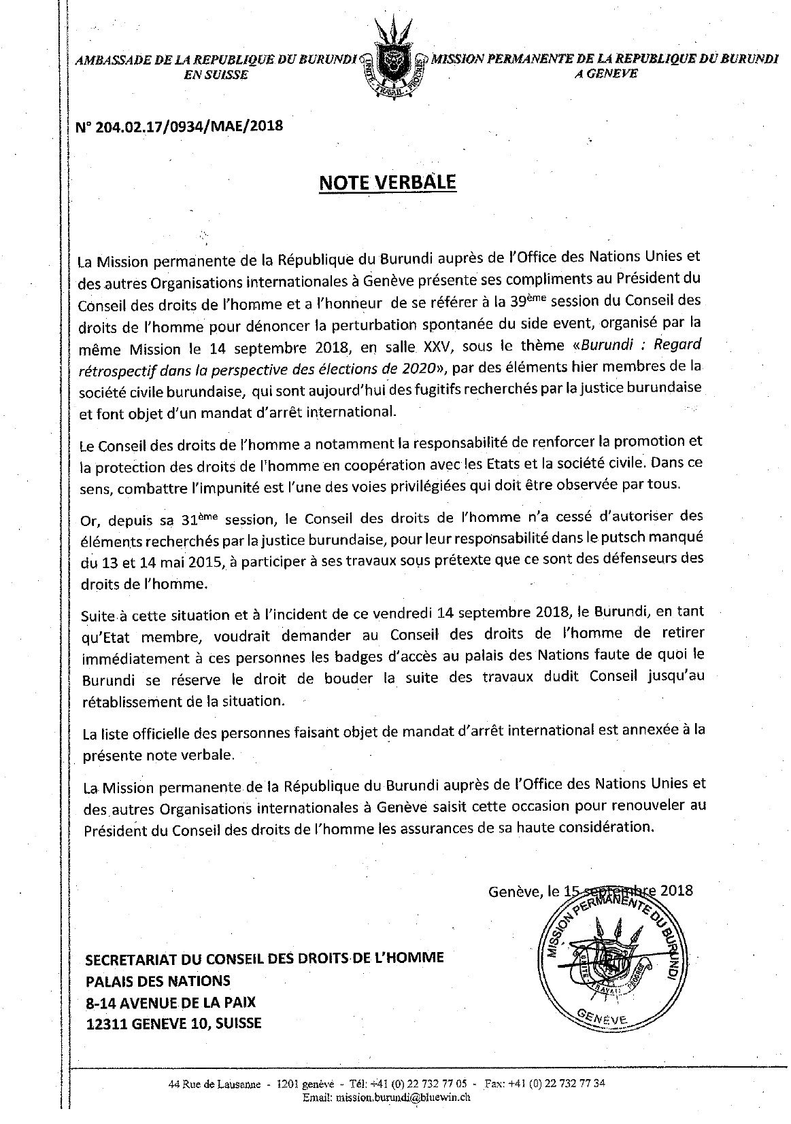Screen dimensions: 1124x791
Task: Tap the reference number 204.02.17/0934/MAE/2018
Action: [180, 126]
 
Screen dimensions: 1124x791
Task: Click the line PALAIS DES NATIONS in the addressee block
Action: [157, 981]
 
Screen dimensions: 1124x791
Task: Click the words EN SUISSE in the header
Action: [216, 75]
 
